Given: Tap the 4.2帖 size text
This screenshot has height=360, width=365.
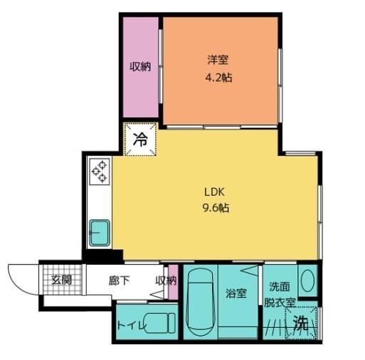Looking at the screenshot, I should coord(217,78).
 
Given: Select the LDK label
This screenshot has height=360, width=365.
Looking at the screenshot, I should coord(214,192).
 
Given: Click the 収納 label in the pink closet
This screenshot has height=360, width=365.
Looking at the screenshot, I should coord(139,67).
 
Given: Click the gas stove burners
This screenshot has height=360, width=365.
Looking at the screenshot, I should coord(98,173).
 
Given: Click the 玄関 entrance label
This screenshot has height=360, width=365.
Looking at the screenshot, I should coord(61,280).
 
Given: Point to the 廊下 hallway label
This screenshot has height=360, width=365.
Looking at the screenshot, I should coord(119,280).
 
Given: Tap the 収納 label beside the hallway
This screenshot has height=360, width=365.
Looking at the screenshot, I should coord(165,280).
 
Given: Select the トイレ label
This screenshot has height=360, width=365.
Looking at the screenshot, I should coord(132,327).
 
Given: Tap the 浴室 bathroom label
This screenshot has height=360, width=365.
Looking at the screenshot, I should coord(236,292).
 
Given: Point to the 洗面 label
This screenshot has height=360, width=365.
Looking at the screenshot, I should coord(278,287).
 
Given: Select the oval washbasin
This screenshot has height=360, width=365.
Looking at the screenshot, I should coord(307,281).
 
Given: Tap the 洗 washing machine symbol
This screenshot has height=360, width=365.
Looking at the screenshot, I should coord(302,324).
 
